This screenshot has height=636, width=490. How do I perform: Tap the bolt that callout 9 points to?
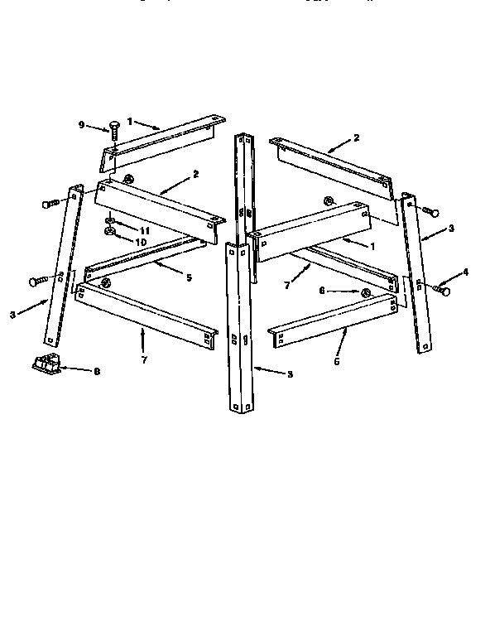tap(114, 128)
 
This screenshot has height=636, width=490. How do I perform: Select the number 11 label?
tap(144, 229)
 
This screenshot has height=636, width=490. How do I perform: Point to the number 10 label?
tap(142, 242)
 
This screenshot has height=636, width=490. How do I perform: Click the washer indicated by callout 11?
tap(111, 222)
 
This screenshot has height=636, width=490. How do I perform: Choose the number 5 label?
tap(189, 277)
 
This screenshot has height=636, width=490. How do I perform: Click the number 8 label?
tap(97, 372)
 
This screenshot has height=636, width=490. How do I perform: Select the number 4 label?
tap(466, 272)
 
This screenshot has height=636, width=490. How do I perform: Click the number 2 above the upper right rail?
tap(356, 138)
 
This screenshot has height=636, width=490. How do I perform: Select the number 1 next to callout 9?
tap(129, 121)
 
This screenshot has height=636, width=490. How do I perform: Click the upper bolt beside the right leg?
tap(429, 212)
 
